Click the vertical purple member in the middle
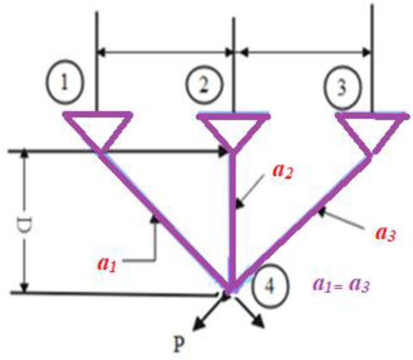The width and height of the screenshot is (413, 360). point(233,221)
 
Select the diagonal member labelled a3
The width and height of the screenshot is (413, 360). point(302,221)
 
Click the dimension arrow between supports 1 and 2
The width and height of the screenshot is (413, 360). point(165,52)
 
